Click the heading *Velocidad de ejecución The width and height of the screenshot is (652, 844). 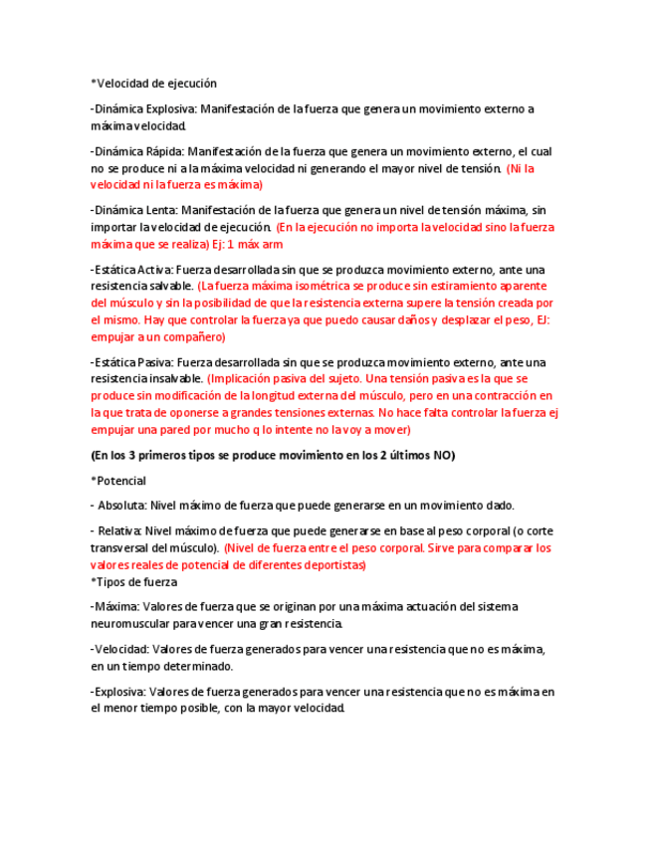[x=153, y=84]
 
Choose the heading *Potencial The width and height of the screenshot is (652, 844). [x=118, y=481]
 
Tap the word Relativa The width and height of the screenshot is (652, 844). [x=124, y=531]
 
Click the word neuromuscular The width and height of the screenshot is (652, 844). [x=129, y=624]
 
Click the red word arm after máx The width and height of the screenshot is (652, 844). [x=273, y=244]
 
